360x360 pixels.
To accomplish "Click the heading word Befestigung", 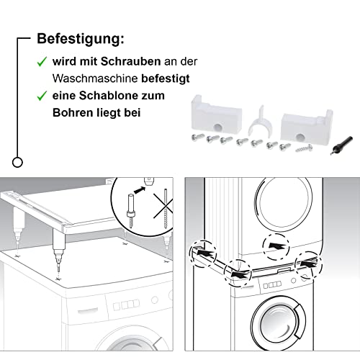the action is point(81,39).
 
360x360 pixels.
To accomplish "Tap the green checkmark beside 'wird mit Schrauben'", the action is point(42,62).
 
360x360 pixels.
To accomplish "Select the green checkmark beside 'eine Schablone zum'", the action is point(42,96).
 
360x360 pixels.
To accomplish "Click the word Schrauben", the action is point(130,61).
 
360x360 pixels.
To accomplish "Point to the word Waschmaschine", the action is point(95,78).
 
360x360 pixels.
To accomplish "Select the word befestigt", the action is point(166,78).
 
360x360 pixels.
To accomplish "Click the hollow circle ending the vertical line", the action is point(17,163).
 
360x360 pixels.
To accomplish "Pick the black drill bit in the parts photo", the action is point(341,145).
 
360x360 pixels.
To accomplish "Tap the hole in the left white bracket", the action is point(218,127).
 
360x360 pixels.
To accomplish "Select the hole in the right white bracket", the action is point(300,137).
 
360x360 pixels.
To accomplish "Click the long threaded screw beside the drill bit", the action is point(304,148).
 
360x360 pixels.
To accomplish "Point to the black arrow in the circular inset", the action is point(140,190).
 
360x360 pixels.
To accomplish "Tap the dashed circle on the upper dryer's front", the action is point(276,246).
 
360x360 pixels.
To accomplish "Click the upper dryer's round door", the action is point(284,203).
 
